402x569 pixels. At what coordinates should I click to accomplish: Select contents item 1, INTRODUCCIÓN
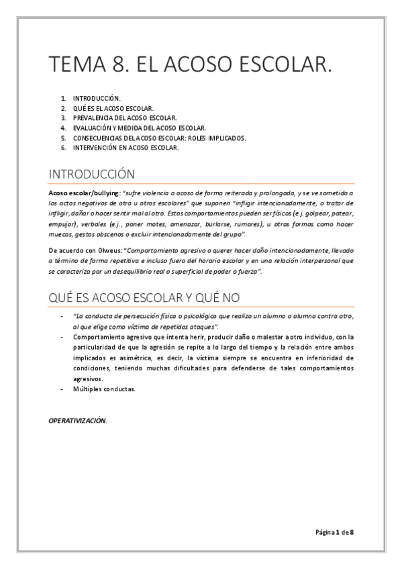point(97,98)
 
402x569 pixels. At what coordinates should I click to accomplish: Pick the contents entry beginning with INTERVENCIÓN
point(126,148)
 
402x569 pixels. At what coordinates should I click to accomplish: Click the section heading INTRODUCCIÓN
point(92,174)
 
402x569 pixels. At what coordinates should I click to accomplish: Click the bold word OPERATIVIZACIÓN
point(77,420)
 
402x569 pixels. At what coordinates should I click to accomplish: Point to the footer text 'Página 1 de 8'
point(335,532)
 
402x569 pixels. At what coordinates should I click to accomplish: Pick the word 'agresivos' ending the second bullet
point(88,378)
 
